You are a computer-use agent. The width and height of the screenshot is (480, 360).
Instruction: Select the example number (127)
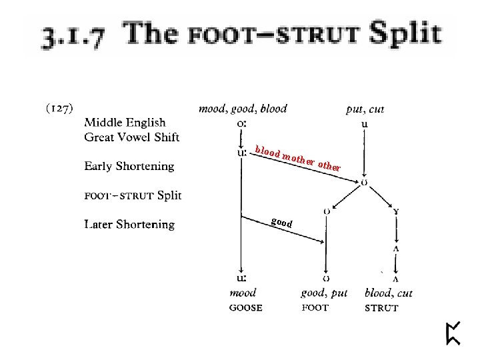click(x=59, y=108)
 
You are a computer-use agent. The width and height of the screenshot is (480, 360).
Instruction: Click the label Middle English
click(x=125, y=123)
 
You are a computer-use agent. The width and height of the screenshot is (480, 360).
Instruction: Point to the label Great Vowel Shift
click(x=131, y=137)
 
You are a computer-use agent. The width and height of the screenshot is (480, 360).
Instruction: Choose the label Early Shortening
click(x=129, y=166)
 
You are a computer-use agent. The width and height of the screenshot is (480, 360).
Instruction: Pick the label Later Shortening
click(x=129, y=225)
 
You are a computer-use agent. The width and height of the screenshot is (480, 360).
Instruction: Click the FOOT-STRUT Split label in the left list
click(x=133, y=195)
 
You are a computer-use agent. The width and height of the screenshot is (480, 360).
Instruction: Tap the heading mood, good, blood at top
click(x=243, y=109)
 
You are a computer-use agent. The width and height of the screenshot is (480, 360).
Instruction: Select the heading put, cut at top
click(x=365, y=109)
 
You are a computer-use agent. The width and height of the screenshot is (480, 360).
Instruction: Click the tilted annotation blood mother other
click(x=298, y=158)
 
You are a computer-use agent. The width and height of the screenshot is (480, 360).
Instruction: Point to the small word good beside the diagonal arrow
click(x=281, y=223)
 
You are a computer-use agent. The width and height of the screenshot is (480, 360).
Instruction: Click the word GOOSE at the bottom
click(x=245, y=308)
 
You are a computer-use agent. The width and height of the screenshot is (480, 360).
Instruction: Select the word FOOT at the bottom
click(x=315, y=308)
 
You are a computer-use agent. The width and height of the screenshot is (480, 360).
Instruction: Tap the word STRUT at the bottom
click(x=381, y=308)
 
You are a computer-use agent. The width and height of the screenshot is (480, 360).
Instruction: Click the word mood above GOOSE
click(x=243, y=293)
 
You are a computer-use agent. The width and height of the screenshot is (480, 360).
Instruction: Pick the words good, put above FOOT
click(x=324, y=293)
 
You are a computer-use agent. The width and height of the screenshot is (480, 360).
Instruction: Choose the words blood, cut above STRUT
click(x=389, y=293)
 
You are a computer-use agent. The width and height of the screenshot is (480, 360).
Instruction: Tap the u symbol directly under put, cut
click(x=364, y=123)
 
